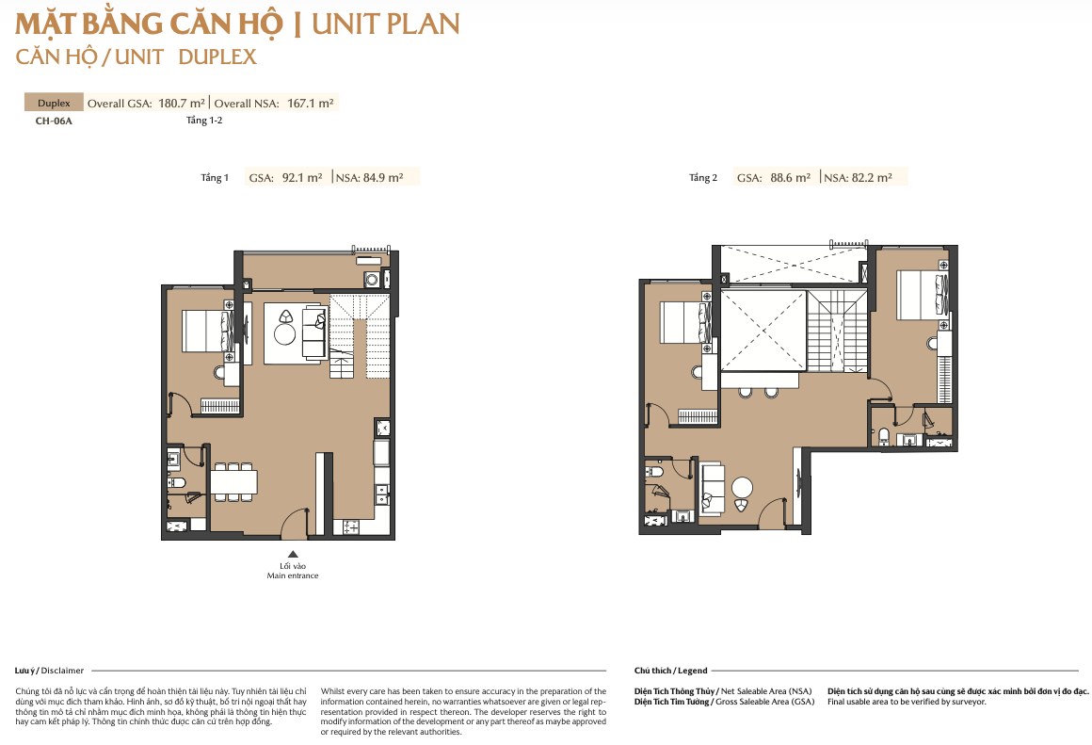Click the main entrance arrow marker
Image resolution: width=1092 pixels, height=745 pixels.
(293, 554)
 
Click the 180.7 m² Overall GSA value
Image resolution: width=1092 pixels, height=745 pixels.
(181, 104)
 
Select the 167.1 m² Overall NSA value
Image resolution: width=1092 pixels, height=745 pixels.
(310, 104)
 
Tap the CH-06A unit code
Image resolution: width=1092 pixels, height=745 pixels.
(54, 121)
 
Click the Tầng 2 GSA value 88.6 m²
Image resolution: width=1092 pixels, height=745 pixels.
(790, 178)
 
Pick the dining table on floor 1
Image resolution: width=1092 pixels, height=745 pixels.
(234, 482)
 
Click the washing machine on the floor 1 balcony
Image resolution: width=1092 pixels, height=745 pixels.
(372, 280)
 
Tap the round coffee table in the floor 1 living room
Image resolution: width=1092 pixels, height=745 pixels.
(285, 334)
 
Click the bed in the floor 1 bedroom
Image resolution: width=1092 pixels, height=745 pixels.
(207, 331)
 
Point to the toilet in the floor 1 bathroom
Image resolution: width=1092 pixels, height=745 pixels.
(176, 482)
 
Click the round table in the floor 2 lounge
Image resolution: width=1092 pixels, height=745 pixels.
(743, 486)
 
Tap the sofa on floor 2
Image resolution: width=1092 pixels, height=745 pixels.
(713, 488)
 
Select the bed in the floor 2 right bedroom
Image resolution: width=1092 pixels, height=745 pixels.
(922, 295)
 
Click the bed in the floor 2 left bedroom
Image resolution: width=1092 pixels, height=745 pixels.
(685, 322)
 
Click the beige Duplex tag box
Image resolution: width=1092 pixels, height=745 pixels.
(54, 103)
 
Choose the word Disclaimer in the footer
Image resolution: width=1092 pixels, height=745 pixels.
(62, 671)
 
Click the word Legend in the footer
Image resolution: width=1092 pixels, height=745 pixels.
(692, 671)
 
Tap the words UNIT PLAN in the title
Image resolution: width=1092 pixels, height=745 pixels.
(386, 24)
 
